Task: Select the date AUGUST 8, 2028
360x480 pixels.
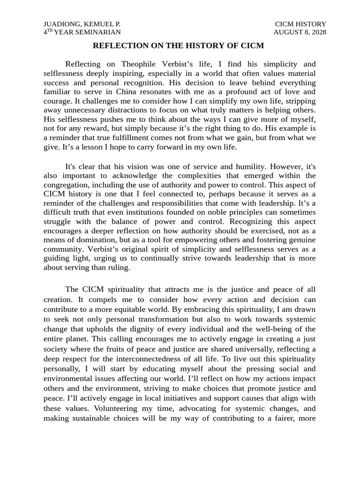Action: click(300, 32)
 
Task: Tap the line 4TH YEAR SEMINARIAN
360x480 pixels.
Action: click(82, 32)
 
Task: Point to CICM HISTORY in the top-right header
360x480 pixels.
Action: click(300, 24)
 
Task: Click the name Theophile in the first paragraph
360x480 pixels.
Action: click(141, 64)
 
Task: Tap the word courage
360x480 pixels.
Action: click(58, 101)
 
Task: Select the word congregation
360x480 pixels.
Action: click(66, 184)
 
